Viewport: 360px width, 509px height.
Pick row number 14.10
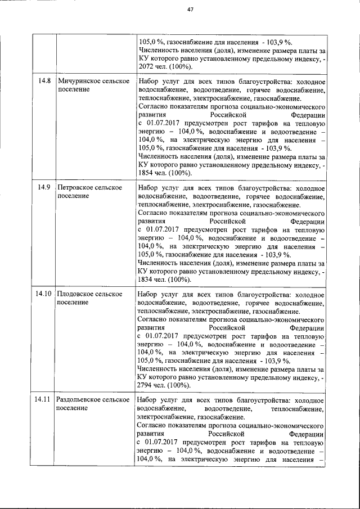43,294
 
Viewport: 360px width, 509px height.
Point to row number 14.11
43,400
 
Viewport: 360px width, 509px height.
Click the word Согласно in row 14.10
152,319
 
